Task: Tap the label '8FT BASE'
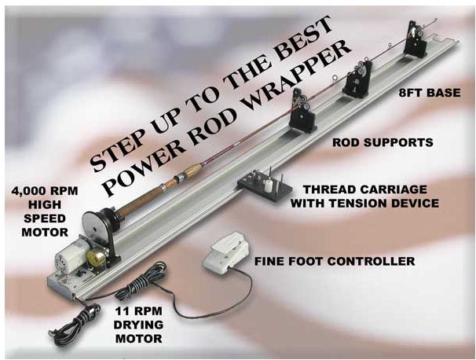[x=430, y=93]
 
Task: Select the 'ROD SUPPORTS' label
[x=383, y=142]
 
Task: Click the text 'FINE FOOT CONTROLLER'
[x=335, y=261]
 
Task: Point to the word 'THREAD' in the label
[x=328, y=189]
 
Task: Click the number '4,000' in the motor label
[x=28, y=191]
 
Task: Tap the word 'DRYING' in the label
[x=138, y=325]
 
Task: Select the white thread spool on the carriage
[x=267, y=186]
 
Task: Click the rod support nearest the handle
[x=301, y=112]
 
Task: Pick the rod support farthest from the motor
[x=415, y=39]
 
